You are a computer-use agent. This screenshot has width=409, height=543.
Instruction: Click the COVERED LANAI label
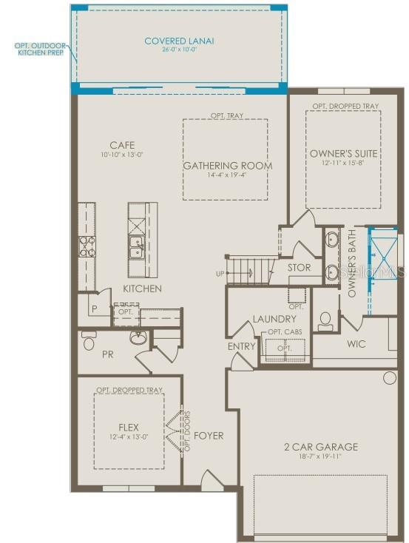point(179,41)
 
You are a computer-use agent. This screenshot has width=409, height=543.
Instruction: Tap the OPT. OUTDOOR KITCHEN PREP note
point(40,50)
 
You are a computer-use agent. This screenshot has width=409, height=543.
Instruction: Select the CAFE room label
point(122,145)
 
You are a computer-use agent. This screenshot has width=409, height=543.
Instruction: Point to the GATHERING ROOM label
point(227,166)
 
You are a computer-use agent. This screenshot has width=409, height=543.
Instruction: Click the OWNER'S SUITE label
point(344,153)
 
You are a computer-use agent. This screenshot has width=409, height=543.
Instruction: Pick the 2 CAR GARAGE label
point(321,447)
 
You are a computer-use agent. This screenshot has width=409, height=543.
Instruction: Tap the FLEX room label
point(129,428)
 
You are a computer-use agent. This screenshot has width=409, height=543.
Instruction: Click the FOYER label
point(209,436)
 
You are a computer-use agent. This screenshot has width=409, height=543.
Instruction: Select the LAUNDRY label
point(274,319)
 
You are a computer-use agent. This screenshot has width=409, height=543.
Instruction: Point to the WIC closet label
point(356,344)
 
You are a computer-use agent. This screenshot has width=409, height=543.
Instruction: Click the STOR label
point(299,268)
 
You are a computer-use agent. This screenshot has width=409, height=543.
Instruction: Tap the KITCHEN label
point(142,289)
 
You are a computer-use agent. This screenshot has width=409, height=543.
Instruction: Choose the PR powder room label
point(107,354)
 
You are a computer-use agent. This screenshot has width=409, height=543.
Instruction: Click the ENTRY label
point(242,346)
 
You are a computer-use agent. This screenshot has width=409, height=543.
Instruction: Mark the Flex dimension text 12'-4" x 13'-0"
point(129,437)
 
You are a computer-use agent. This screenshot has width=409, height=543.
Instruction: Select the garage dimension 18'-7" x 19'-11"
point(321,457)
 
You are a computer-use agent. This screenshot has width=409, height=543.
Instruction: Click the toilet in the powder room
point(89,341)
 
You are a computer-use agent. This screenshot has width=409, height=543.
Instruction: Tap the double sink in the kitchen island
point(138,246)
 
